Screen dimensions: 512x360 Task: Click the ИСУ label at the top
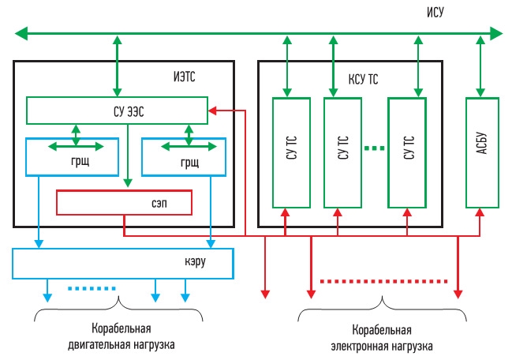click(x=435, y=12)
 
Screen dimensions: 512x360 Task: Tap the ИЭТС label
click(x=184, y=77)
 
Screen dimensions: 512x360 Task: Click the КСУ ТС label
click(x=363, y=80)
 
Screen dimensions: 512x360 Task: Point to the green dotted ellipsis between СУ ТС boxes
click(x=375, y=148)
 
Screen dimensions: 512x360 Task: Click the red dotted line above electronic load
click(x=383, y=281)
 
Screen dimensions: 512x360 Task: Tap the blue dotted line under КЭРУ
click(x=92, y=288)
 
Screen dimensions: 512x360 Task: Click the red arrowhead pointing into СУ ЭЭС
click(x=212, y=111)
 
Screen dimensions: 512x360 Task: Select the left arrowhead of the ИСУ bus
click(x=21, y=33)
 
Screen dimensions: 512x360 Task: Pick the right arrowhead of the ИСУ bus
click(x=496, y=33)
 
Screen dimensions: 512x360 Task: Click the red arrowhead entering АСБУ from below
click(x=480, y=212)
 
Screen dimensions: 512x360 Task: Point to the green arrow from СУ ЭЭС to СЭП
click(x=128, y=156)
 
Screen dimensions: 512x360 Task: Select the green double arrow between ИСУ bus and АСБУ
click(x=480, y=66)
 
